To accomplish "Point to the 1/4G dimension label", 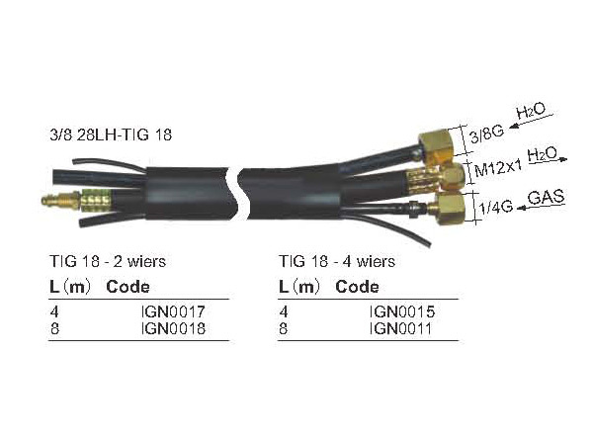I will (x=489, y=208).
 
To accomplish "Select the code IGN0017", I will (x=173, y=311).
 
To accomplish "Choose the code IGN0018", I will (x=173, y=328).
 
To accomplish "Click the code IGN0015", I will (x=402, y=311).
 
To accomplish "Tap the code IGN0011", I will (x=402, y=328).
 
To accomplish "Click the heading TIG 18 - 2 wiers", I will (x=108, y=262).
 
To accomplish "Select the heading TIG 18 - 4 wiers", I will (x=337, y=262).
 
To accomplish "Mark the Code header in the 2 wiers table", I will (x=127, y=287).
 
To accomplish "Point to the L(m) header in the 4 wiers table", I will (x=299, y=287).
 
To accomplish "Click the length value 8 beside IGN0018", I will (x=55, y=328).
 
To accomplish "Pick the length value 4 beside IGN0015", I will (x=285, y=311).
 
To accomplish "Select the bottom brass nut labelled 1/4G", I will (x=449, y=210).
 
